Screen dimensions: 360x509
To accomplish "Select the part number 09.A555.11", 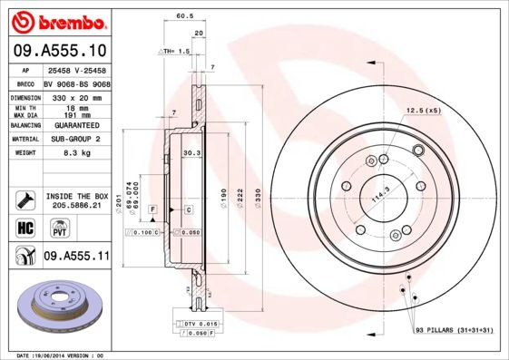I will tap(76, 257).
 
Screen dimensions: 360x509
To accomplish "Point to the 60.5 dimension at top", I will tap(184, 15).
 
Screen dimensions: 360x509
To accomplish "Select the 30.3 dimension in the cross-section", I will tap(191, 153).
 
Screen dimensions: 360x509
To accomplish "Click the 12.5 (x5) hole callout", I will tap(423, 110).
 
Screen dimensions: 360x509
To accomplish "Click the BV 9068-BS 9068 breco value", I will tap(77, 81).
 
